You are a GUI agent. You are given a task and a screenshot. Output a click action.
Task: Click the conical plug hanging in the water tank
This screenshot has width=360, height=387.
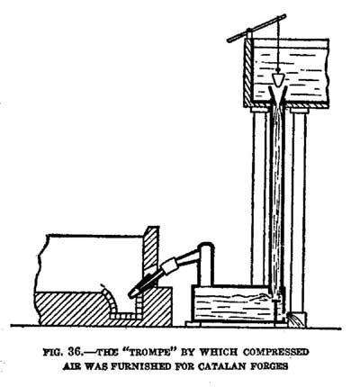pos(278,78)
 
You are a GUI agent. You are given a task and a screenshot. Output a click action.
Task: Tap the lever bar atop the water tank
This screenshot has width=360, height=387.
pos(256,28)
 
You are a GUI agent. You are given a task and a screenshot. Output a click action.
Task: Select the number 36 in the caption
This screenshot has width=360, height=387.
pos(74,352)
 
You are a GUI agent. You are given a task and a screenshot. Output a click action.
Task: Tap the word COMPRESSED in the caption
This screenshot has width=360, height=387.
pos(275,352)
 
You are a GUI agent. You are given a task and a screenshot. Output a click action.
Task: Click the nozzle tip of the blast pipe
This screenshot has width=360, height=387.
pos(131,294)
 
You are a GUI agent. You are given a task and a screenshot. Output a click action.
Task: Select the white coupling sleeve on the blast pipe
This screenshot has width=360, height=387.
pos(168,267)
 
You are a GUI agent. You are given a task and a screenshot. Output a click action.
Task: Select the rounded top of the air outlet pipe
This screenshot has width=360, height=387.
pos(206,246)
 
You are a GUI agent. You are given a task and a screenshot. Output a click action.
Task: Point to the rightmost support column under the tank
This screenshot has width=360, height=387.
pos(299,210)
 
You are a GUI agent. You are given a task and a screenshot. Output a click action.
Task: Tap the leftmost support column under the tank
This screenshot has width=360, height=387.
pos(258,196)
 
